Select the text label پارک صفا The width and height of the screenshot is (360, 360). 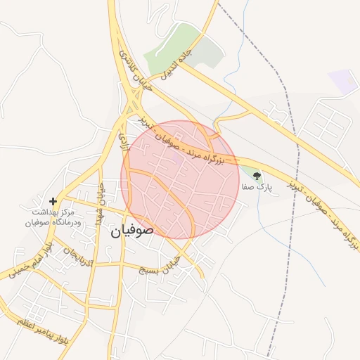pos(255,188)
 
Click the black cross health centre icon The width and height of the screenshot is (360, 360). pos(53,201)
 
